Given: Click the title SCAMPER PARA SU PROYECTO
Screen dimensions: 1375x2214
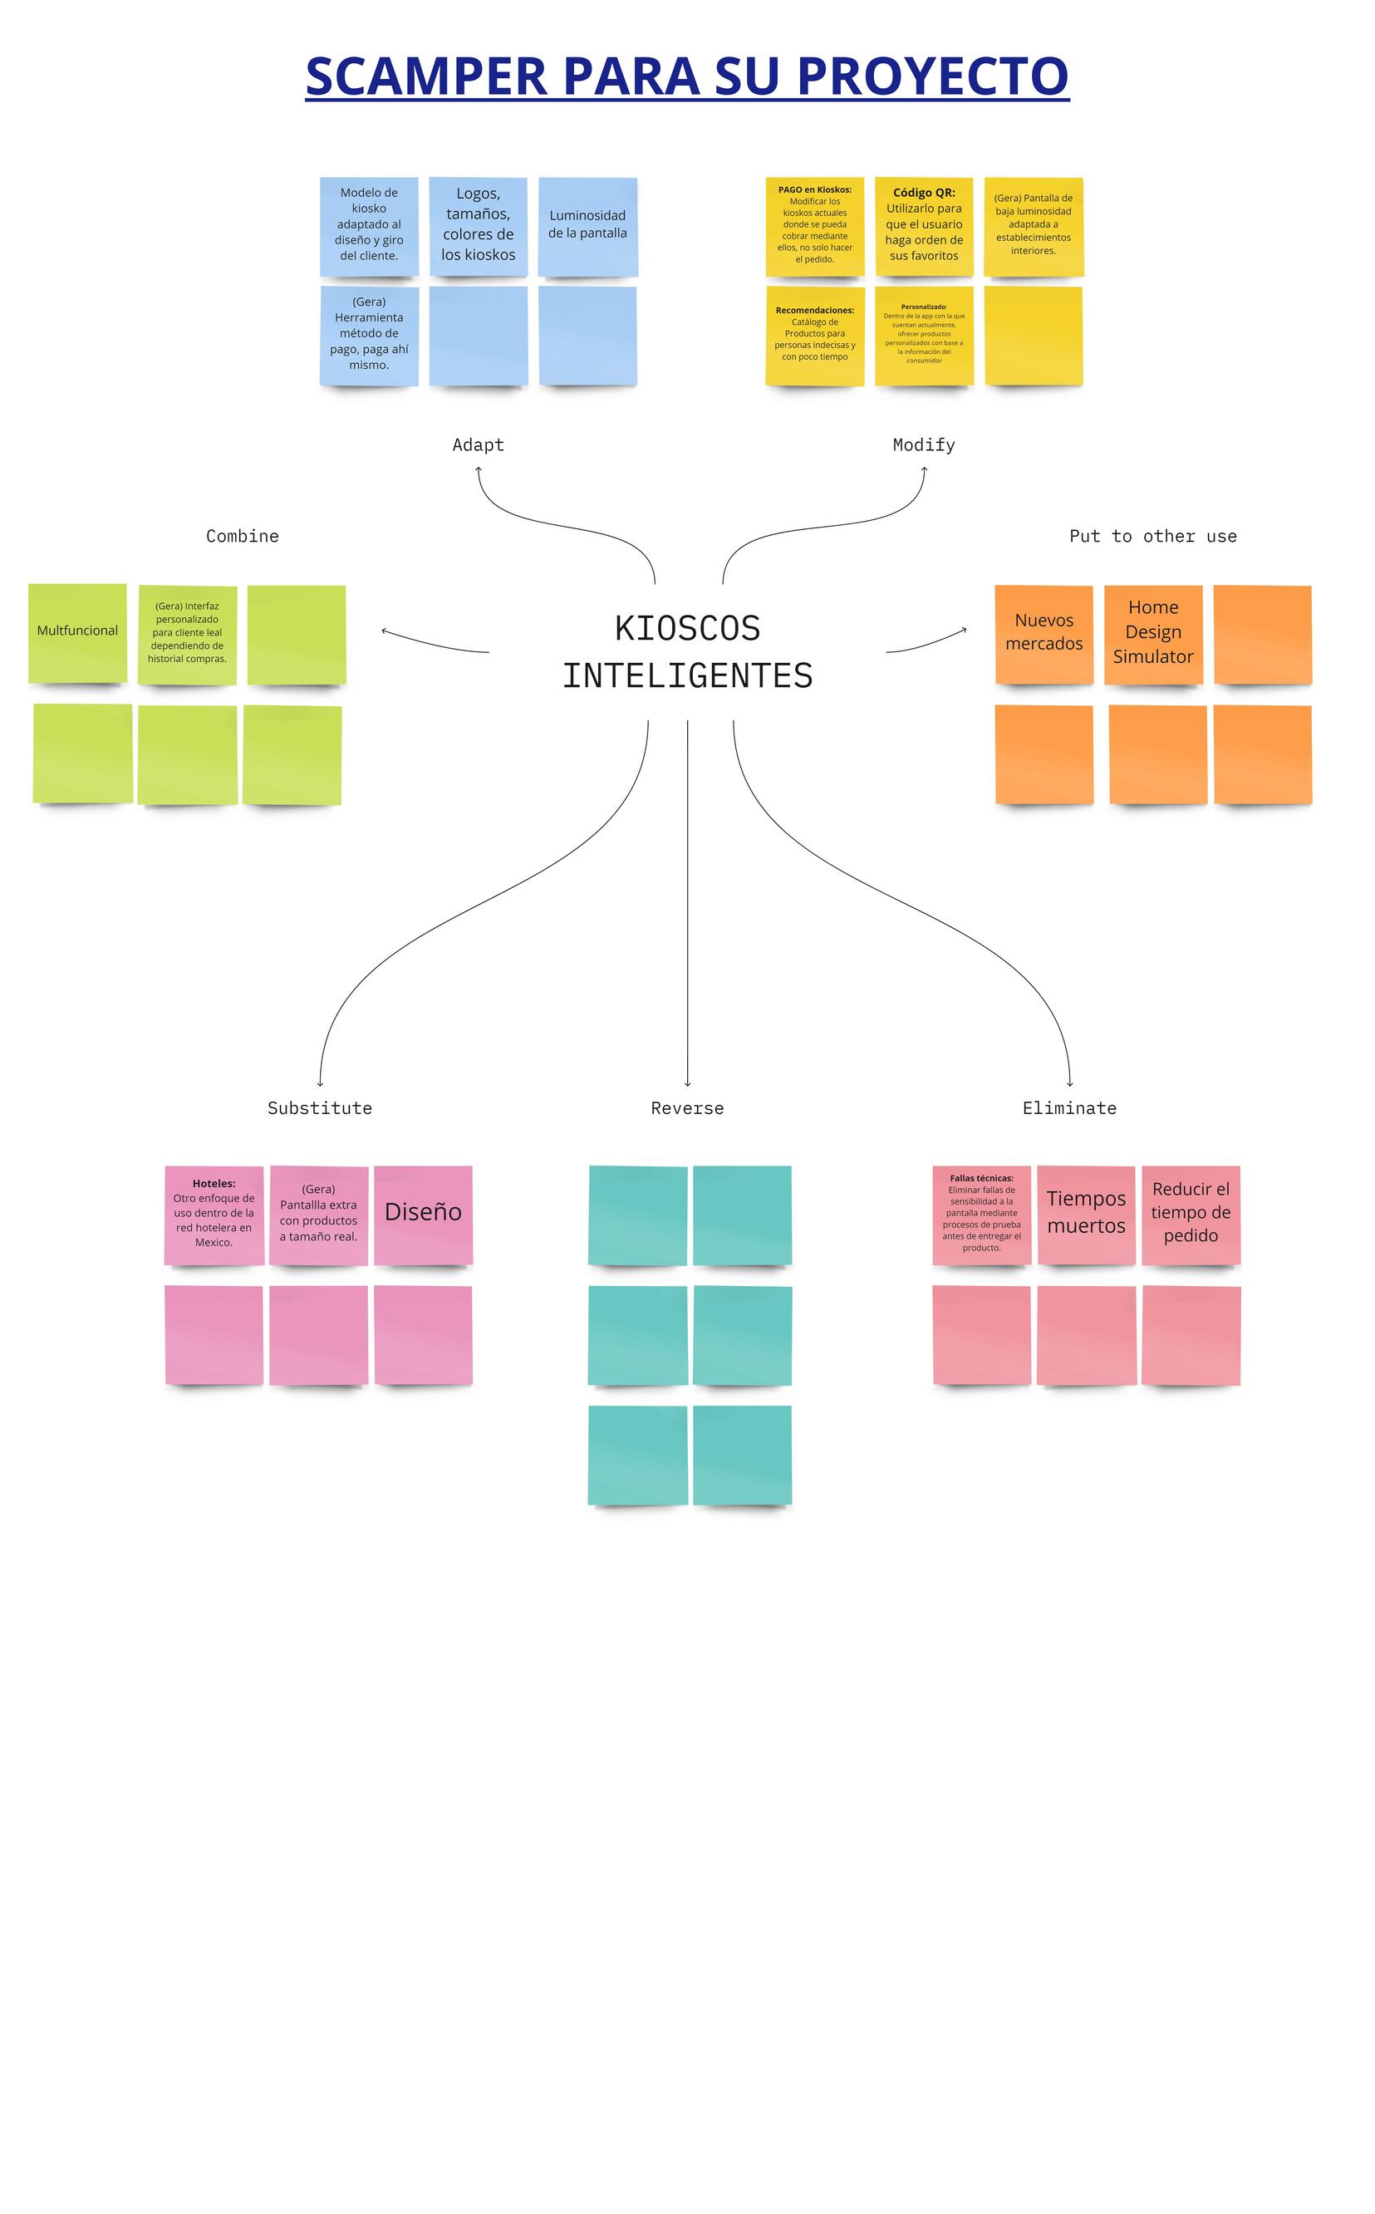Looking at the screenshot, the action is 686,76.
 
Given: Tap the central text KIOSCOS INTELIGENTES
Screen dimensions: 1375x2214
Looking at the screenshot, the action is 688,652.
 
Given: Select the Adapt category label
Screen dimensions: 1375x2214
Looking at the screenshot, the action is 479,444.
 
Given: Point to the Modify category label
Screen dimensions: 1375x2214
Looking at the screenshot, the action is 924,444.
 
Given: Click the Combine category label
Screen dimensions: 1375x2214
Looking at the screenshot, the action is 243,537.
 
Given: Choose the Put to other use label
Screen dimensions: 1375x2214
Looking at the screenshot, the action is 1153,537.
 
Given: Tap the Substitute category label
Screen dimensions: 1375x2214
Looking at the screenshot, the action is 320,1108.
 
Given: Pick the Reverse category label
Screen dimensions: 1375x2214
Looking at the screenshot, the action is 688,1108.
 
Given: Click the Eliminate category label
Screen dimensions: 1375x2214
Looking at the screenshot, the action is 1069,1108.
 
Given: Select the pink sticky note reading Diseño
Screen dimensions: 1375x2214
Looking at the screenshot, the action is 424,1215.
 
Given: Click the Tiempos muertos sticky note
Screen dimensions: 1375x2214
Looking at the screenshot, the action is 1087,1215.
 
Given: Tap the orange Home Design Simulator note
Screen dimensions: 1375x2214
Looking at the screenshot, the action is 1153,634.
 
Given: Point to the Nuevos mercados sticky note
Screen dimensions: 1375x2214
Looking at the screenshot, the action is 1044,634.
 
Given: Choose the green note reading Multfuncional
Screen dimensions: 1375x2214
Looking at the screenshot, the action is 77,633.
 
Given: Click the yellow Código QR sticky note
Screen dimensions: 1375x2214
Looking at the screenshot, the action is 924,227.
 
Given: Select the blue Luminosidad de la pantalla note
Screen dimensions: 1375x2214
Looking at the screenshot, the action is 587,227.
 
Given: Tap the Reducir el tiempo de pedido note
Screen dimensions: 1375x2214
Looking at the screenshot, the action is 1191,1215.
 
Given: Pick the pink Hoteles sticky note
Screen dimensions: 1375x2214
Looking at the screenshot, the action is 214,1215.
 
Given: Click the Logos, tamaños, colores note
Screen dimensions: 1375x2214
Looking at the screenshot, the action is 479,227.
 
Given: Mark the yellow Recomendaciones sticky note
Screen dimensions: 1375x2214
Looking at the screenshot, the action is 815,336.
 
